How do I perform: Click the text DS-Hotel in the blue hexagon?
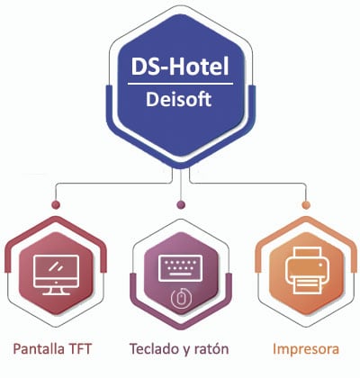tap(180, 66)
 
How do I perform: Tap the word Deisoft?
tap(179, 99)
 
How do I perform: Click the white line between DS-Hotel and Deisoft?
tap(180, 84)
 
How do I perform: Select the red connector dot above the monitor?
tap(56, 205)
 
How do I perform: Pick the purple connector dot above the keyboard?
tap(181, 205)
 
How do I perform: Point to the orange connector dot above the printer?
tap(306, 205)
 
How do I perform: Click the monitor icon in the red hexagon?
tap(57, 274)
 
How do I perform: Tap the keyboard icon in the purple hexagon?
tap(180, 268)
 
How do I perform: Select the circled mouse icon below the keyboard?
tap(180, 299)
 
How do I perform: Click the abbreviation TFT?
tap(80, 349)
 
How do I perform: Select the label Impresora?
tap(306, 349)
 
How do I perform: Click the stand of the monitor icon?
tap(57, 291)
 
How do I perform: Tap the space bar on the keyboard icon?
tap(180, 274)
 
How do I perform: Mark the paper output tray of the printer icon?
tap(306, 285)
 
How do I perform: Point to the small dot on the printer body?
tap(320, 265)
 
